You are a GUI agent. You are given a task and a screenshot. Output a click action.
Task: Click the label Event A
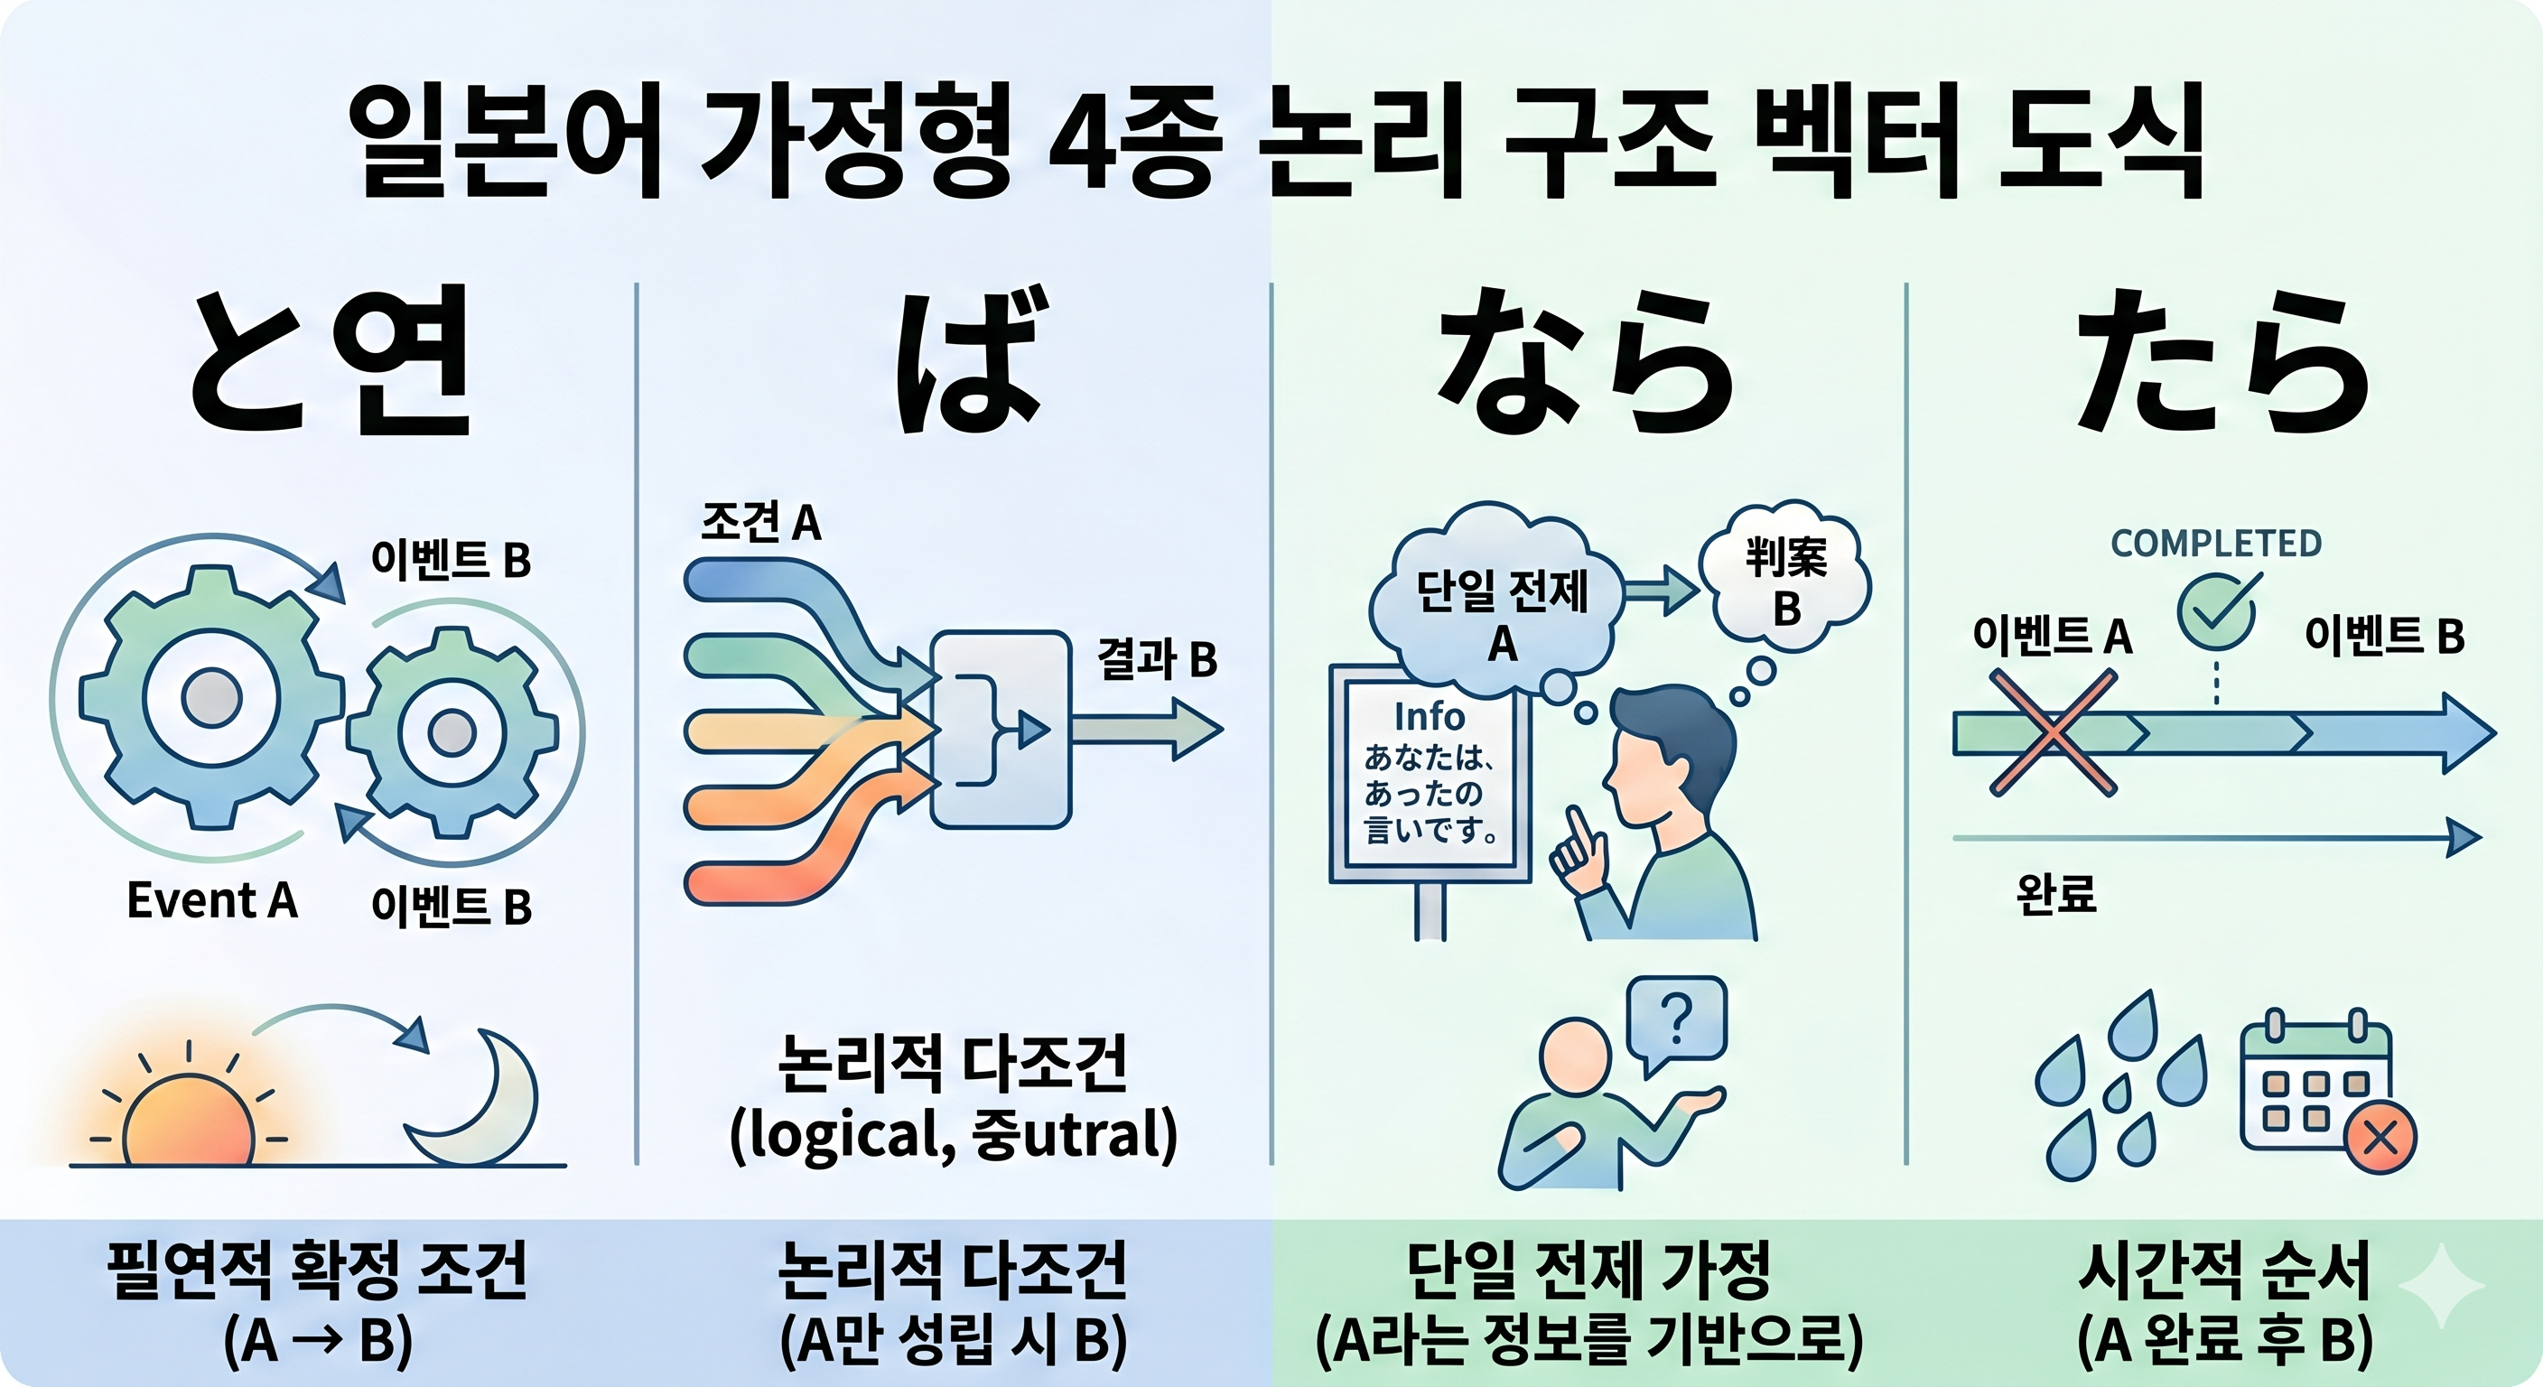click(212, 900)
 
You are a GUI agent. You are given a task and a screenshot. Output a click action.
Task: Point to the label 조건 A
click(761, 521)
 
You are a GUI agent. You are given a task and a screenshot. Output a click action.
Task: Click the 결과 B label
click(1157, 658)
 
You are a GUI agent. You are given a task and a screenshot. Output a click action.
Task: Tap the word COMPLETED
click(2216, 543)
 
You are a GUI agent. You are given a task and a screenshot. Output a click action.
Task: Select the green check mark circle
click(2217, 613)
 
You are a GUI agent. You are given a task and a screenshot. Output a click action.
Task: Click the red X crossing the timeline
click(2054, 731)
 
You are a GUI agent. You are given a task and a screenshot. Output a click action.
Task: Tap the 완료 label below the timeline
click(2055, 894)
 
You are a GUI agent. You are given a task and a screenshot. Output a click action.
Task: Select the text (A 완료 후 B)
click(2224, 1340)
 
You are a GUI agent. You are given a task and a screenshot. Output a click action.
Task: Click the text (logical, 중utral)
click(953, 1135)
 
